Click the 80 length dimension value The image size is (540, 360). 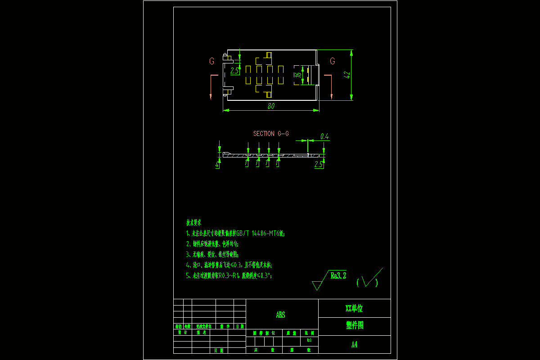pyautogui.click(x=271, y=106)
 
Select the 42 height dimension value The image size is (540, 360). pyautogui.click(x=346, y=75)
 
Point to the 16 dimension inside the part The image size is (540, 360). pyautogui.click(x=297, y=75)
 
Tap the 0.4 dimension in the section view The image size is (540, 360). pyautogui.click(x=324, y=136)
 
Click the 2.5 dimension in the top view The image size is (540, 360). pyautogui.click(x=234, y=71)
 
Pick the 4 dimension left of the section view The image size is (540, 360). pyautogui.click(x=217, y=165)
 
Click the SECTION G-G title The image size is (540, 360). pyautogui.click(x=271, y=134)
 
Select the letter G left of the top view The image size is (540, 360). pyautogui.click(x=211, y=61)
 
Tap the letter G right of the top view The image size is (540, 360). pyautogui.click(x=333, y=61)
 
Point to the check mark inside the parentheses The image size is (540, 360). pyautogui.click(x=370, y=280)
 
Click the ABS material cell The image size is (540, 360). pyautogui.click(x=281, y=315)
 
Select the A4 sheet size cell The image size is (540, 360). pyautogui.click(x=354, y=344)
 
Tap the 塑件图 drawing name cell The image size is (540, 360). pyautogui.click(x=354, y=326)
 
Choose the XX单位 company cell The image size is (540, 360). pyautogui.click(x=354, y=308)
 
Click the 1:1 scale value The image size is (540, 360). pyautogui.click(x=309, y=340)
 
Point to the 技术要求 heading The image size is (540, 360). pyautogui.click(x=194, y=223)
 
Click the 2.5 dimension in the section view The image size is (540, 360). pyautogui.click(x=319, y=165)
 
